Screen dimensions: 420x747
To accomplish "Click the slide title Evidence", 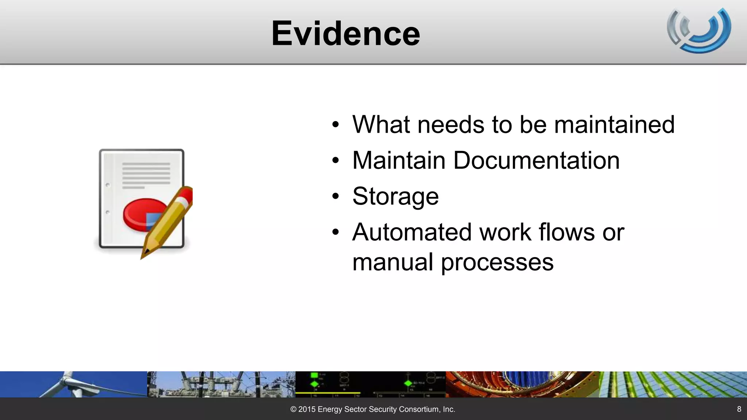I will tap(345, 34).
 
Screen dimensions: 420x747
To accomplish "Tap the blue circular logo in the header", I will tap(699, 31).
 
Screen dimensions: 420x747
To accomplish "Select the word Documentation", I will tap(536, 160).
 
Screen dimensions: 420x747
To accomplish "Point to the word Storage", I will tap(395, 197).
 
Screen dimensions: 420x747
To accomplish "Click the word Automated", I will tap(412, 232).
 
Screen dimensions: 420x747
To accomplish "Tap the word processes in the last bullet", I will tap(497, 262).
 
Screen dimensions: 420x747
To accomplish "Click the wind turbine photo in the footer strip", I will tap(73, 384).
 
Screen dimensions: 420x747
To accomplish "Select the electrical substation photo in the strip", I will tap(221, 384).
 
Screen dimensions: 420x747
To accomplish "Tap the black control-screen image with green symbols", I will tap(370, 384).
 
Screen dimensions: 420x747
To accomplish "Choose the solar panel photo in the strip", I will tap(673, 384).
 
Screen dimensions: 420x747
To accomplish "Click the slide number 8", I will tap(739, 409).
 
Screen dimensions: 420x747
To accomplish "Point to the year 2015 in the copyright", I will tap(307, 409).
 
